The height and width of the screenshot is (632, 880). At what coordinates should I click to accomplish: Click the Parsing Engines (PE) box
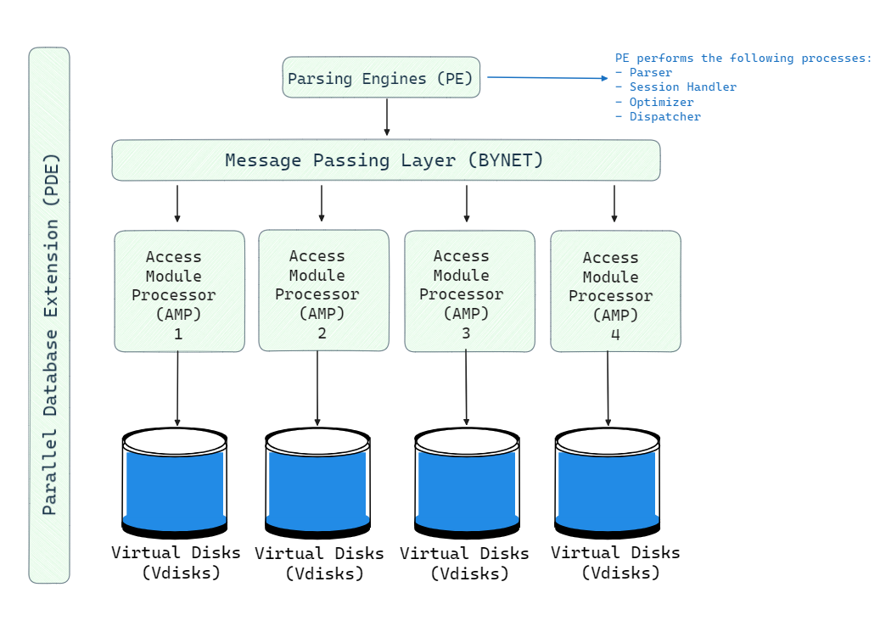381,78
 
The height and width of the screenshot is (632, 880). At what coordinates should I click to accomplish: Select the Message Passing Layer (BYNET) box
385,160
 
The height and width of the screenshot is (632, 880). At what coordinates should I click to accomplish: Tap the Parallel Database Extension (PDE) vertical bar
49,315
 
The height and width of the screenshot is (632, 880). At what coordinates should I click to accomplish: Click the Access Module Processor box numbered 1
179,291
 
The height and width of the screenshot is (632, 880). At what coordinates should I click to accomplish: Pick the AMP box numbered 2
323,290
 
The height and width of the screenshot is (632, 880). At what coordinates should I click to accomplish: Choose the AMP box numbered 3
469,291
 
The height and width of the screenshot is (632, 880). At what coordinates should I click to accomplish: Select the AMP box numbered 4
615,292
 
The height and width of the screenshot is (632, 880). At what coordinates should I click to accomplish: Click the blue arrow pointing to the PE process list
547,78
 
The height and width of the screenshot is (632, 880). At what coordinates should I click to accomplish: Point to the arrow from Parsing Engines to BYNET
387,117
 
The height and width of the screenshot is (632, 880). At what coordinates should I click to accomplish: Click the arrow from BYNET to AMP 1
177,204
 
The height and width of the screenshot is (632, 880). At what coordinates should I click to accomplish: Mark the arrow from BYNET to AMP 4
614,204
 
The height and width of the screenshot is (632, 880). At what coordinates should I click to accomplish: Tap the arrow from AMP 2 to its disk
317,388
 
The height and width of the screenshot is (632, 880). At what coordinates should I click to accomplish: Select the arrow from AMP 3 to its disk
466,388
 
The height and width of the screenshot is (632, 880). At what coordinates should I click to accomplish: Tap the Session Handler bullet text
682,87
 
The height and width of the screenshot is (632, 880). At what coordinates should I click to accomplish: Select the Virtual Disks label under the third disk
465,563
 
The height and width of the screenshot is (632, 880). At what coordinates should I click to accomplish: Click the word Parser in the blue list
650,73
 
